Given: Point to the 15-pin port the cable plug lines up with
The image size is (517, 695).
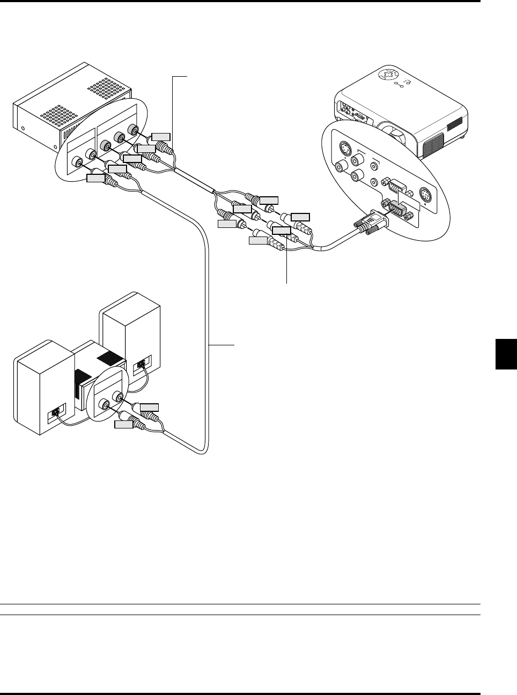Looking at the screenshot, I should coord(395,208).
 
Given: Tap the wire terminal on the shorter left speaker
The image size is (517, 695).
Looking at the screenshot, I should coord(55,413).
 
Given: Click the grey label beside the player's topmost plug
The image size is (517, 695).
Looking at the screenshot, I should coord(161,135).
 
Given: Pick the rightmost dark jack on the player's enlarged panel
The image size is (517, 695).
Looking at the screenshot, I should coord(132,129).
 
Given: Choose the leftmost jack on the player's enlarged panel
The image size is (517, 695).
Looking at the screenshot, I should coord(78,160).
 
